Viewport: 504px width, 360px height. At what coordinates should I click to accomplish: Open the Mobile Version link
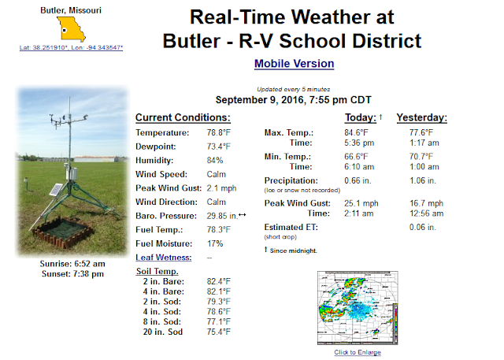click(x=294, y=64)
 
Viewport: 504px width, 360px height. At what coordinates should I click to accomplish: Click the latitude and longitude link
click(x=71, y=47)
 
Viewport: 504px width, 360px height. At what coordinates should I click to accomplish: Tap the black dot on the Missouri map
click(x=65, y=31)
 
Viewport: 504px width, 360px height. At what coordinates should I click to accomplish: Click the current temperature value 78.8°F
click(x=219, y=133)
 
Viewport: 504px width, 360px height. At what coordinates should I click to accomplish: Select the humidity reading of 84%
click(x=215, y=161)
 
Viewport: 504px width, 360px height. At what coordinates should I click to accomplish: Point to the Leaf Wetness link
click(x=164, y=258)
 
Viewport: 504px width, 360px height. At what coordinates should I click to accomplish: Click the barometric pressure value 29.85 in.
click(x=222, y=216)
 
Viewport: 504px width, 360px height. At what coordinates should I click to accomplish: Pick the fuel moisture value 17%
click(x=215, y=243)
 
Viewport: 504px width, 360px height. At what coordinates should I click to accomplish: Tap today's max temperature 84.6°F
click(x=356, y=133)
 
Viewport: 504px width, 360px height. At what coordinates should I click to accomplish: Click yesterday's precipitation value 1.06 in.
click(x=423, y=180)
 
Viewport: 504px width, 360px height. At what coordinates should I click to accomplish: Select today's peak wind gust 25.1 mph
click(x=361, y=203)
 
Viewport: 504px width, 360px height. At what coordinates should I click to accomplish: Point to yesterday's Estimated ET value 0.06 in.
click(x=423, y=227)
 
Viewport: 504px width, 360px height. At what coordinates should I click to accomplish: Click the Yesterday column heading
click(x=422, y=117)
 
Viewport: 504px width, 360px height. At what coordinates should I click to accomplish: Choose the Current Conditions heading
click(x=183, y=117)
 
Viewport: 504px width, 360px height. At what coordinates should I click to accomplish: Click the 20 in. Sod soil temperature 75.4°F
click(x=219, y=332)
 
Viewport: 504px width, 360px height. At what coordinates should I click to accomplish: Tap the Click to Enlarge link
click(x=358, y=352)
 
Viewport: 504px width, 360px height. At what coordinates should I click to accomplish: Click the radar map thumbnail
click(x=358, y=308)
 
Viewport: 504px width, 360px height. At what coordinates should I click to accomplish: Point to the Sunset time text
click(x=72, y=274)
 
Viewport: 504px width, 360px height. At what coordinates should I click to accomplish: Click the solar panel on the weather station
click(x=56, y=190)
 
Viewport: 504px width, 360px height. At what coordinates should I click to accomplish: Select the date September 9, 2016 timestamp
click(x=293, y=100)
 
